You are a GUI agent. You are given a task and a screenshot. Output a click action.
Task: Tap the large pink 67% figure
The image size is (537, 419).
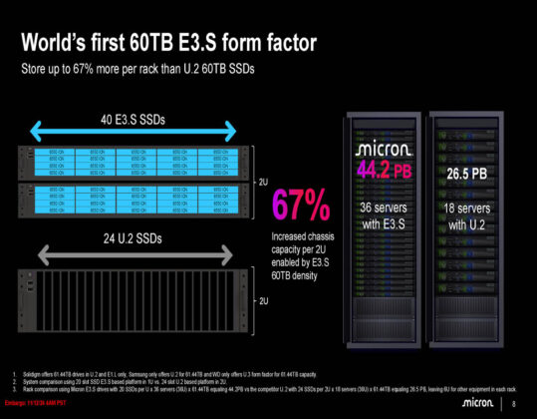point(302,204)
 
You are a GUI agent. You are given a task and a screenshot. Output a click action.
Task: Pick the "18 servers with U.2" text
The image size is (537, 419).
point(467,216)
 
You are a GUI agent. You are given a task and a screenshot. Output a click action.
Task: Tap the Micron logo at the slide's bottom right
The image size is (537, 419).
point(475,402)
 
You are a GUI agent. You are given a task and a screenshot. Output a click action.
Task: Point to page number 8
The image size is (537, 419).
point(513,403)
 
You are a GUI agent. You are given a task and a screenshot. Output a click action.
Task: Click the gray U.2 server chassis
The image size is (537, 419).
point(134,295)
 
